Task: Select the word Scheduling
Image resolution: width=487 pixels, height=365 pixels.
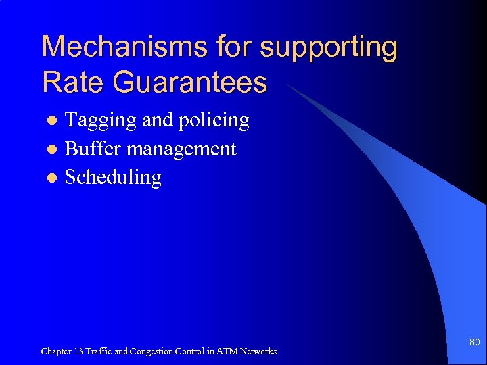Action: [113, 178]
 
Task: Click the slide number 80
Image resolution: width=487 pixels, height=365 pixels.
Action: [474, 343]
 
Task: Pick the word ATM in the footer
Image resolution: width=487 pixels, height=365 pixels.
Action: [227, 351]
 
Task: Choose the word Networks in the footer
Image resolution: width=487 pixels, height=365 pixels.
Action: [258, 351]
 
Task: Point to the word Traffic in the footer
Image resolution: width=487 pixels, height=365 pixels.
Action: [101, 351]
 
